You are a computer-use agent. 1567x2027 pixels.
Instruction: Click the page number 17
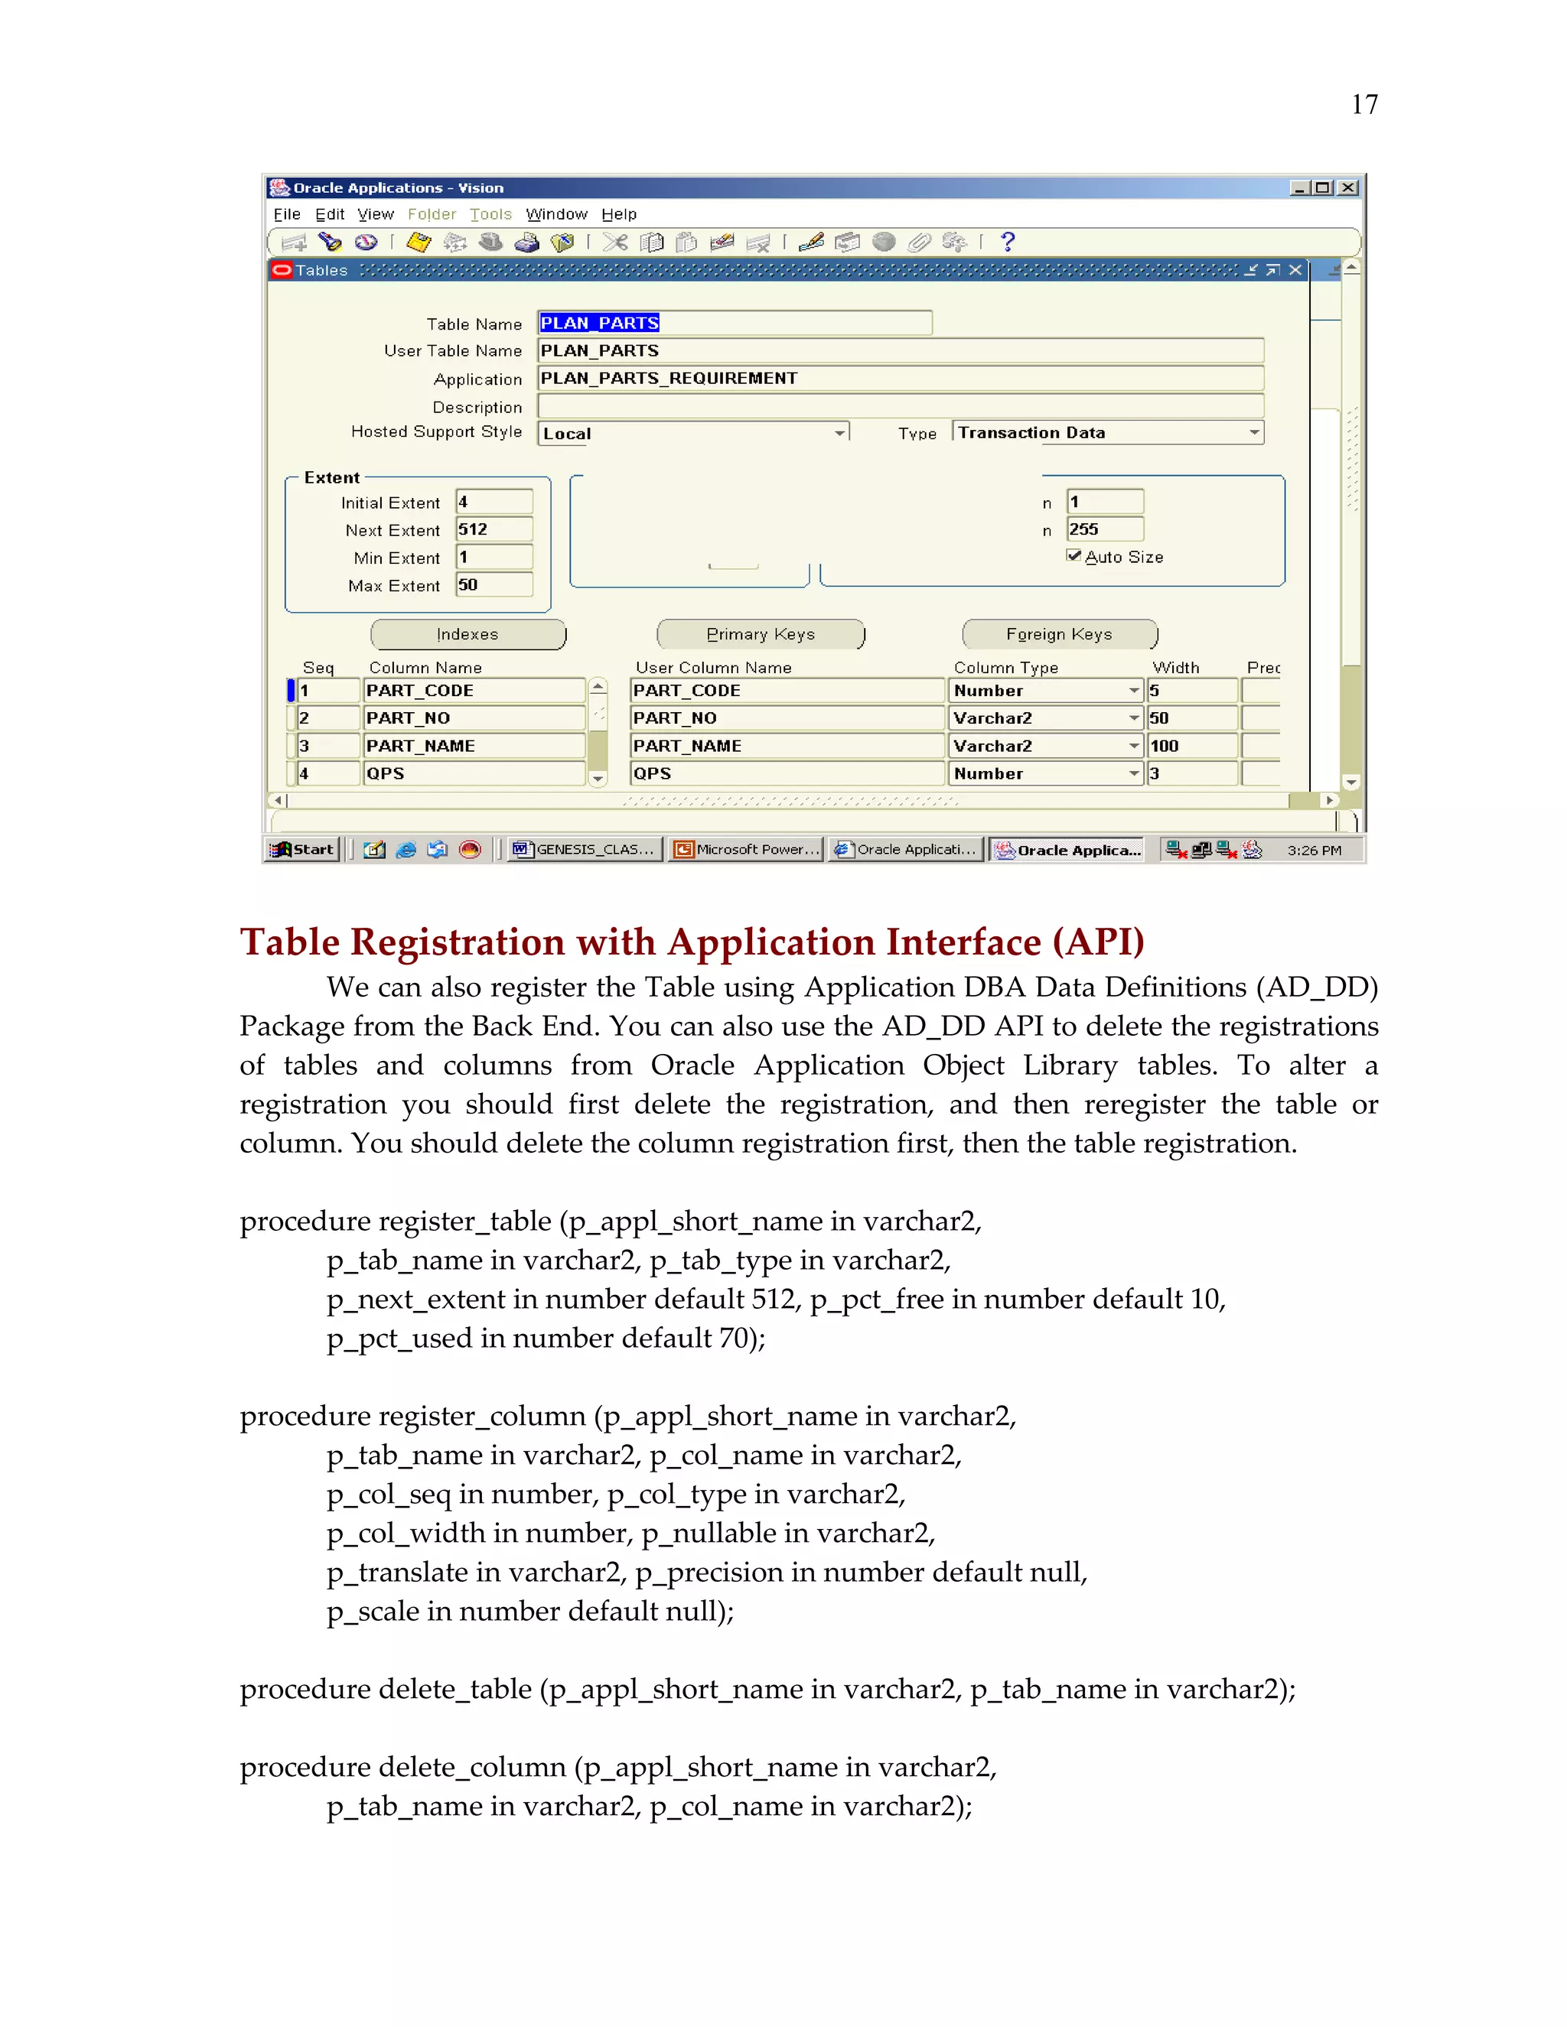(x=1363, y=105)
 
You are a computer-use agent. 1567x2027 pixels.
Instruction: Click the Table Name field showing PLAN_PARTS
(x=733, y=323)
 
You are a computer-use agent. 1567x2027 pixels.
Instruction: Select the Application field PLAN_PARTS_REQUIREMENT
(x=898, y=379)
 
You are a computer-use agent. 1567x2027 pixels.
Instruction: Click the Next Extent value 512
(x=493, y=530)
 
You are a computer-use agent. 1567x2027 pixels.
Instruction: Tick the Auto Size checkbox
(x=1074, y=556)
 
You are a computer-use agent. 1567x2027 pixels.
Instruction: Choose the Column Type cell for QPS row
(x=1044, y=774)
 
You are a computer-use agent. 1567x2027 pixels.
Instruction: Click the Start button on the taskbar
(x=304, y=849)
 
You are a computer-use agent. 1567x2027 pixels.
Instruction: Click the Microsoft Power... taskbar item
(x=748, y=849)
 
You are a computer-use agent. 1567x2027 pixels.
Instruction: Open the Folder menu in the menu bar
(x=432, y=214)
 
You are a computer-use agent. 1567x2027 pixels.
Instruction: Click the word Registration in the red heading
(x=457, y=942)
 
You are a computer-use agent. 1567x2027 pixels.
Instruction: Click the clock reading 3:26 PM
(x=1314, y=850)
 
